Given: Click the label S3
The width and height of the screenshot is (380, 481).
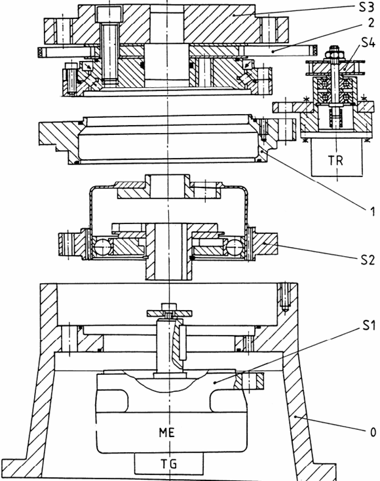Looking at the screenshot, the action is coord(366,7).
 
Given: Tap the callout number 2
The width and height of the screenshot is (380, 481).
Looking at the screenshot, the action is coord(371,23).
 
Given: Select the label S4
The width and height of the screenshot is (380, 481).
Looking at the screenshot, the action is coord(368,43).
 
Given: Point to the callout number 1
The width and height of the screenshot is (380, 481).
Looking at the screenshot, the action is coord(372,212).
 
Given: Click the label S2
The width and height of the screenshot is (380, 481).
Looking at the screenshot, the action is coord(367,260).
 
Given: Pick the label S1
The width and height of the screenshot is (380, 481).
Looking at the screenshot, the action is coord(369,326).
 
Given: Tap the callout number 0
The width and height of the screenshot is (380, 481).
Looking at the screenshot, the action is coord(373,433).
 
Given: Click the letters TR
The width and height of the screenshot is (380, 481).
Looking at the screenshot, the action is coord(335,160).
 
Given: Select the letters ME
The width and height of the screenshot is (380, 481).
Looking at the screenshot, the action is coord(166,433).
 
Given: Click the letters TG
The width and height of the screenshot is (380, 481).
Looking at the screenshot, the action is coord(168,463).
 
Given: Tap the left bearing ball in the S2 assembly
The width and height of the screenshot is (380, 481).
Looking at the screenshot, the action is coord(102,247).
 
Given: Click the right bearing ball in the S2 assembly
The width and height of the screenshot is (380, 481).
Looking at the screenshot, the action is coord(235,247).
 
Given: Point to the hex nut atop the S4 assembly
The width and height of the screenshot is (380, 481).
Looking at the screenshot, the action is coord(334,54).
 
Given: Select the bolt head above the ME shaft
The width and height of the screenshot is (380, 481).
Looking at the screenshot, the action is coord(169,307).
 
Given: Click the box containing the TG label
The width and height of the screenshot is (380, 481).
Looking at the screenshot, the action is coord(168,463).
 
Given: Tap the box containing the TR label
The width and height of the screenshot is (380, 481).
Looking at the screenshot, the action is coord(337,157).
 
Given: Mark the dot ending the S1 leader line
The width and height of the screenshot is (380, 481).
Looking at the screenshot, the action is coord(215,383).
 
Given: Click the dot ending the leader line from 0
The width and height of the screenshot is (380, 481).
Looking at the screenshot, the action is coord(295,417).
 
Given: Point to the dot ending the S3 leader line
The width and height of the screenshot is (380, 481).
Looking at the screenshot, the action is coord(233,14).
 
